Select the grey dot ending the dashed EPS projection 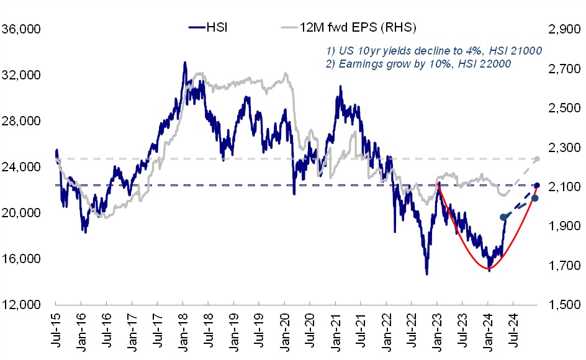(x=537, y=159)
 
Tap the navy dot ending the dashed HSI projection (x=537, y=185)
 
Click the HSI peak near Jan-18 (x=184, y=63)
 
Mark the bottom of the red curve (x=487, y=268)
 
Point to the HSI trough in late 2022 (x=427, y=274)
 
